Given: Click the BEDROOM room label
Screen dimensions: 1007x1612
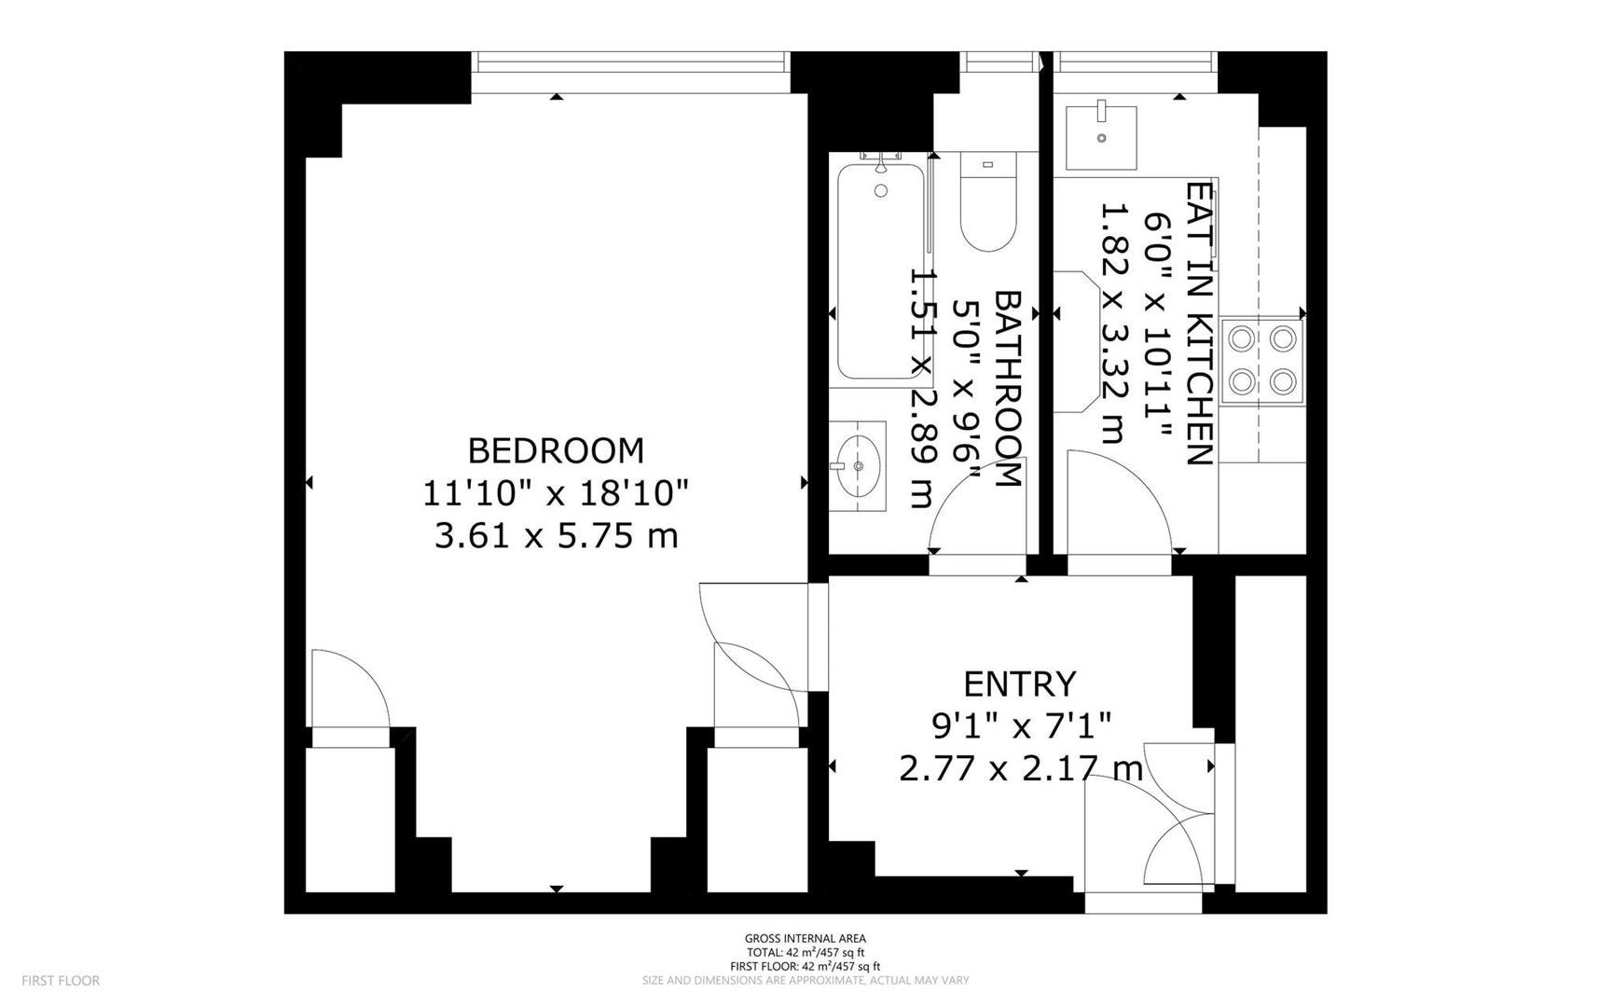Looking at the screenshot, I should tap(556, 451).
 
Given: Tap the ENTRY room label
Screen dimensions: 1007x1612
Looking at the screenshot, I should tap(1019, 684).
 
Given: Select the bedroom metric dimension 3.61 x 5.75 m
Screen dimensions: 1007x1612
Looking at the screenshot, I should tap(556, 536).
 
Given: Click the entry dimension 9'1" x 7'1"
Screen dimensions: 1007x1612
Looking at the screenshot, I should tap(1021, 724).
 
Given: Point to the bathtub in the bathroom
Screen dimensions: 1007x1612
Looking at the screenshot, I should tap(880, 271).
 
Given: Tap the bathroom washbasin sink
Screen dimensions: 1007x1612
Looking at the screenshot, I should tap(859, 464).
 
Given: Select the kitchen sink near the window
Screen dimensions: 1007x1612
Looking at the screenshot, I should tap(1101, 137).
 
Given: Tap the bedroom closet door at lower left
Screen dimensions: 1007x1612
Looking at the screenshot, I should tap(350, 690).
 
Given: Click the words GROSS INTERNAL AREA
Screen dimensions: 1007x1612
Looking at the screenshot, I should tap(805, 938).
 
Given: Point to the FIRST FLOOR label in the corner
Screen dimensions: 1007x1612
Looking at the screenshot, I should tap(61, 981).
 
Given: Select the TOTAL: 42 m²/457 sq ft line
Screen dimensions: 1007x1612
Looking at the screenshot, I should tap(805, 952).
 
